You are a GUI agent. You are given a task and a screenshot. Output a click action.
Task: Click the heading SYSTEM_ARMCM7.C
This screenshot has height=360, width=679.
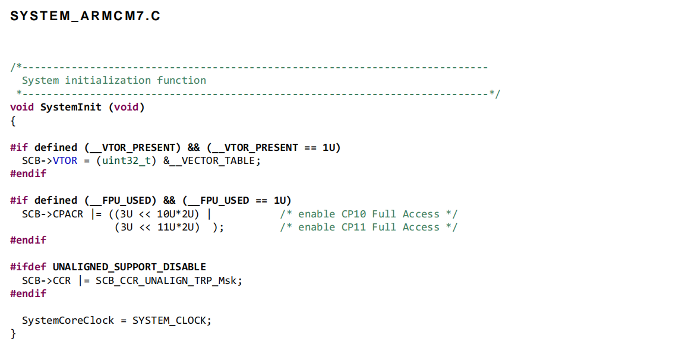[85, 16]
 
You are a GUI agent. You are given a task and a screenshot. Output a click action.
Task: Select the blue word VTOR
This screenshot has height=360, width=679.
[65, 160]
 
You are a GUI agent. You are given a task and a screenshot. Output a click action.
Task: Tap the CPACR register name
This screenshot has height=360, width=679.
[68, 214]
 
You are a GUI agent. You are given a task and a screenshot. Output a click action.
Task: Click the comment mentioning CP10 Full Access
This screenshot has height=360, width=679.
[368, 214]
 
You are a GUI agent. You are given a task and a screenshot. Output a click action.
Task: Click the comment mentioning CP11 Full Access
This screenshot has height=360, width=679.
[368, 227]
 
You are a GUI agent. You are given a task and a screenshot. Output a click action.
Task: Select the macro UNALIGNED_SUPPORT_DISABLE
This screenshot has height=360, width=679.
[129, 267]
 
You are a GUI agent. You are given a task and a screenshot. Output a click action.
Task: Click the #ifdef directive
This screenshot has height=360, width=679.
[28, 267]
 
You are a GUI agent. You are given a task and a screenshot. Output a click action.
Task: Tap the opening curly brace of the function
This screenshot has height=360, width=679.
[13, 121]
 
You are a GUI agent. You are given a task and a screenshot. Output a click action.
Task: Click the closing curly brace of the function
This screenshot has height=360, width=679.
[13, 333]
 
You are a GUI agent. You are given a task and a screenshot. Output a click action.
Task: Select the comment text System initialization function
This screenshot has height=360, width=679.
[114, 80]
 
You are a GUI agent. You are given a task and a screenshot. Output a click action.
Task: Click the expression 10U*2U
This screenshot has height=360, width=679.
[178, 214]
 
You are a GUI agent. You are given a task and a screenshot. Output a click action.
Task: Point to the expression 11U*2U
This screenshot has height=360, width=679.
[178, 227]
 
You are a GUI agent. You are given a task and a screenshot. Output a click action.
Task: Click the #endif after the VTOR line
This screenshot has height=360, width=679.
[28, 173]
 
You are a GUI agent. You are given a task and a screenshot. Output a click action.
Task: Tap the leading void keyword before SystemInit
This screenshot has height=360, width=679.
[22, 107]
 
